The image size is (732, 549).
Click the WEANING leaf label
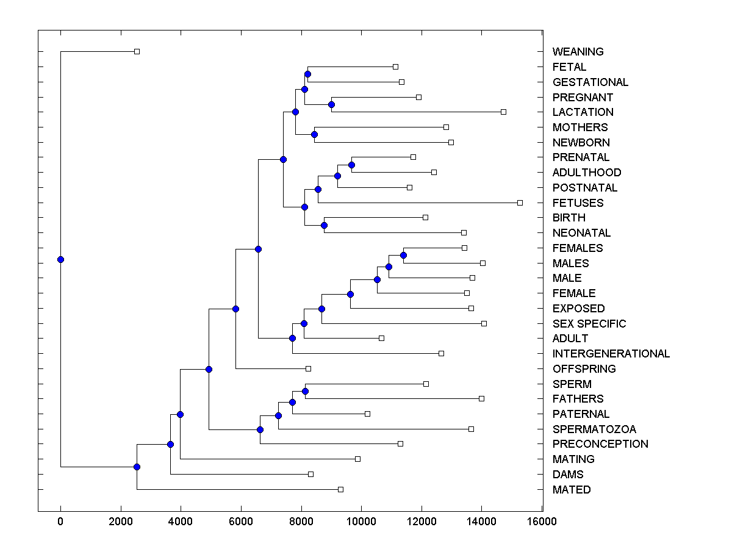click(x=578, y=52)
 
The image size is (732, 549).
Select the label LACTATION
click(x=583, y=112)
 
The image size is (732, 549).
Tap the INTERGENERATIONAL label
click(x=611, y=354)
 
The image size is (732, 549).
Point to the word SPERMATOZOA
click(x=594, y=429)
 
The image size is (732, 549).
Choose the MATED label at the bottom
click(x=572, y=490)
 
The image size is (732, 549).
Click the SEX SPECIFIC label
click(x=589, y=324)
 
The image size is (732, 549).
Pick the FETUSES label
click(x=578, y=203)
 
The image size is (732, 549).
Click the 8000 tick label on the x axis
click(x=301, y=521)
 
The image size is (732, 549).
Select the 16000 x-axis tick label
click(x=542, y=521)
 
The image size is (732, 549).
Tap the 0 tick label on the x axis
click(x=60, y=521)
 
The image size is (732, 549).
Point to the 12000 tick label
click(x=422, y=521)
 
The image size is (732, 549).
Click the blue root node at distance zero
click(x=60, y=259)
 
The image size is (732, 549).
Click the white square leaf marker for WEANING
click(x=137, y=51)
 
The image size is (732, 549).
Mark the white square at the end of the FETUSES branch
click(x=520, y=203)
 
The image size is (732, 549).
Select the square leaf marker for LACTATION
click(x=503, y=112)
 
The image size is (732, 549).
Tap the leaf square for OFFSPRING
click(x=308, y=368)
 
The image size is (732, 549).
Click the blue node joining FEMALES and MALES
click(x=403, y=255)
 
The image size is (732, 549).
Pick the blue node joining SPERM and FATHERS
click(x=305, y=391)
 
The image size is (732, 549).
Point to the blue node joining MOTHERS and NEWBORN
click(x=314, y=134)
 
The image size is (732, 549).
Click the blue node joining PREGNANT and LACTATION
click(x=331, y=104)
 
